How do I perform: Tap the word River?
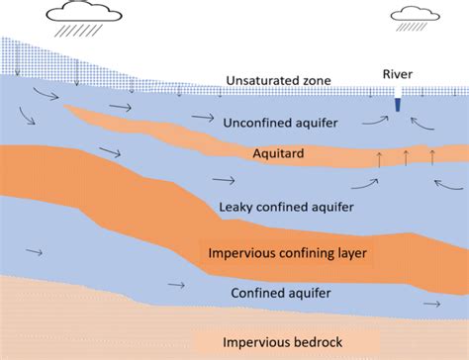pos(399,75)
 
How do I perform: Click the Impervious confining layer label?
pos(288,254)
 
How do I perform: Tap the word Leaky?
pos(234,207)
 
